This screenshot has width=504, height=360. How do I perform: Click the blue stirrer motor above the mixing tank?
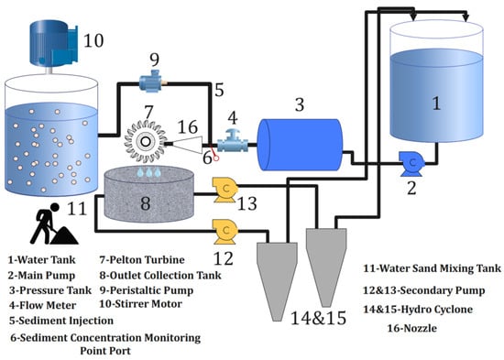54,43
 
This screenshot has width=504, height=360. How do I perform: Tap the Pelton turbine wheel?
146,141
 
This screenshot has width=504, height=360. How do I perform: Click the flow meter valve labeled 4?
233,141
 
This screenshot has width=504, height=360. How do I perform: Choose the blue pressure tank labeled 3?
300,145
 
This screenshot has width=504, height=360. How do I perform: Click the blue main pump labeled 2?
411,164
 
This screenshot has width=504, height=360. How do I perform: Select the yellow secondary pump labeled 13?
225,190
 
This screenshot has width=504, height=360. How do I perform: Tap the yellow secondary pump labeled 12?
225,232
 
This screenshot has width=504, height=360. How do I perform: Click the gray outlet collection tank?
149,194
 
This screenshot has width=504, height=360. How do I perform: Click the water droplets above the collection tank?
148,172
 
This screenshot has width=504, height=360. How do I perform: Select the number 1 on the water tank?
436,104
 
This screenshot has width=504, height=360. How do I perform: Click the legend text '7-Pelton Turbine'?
142,260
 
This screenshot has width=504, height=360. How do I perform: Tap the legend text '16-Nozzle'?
411,328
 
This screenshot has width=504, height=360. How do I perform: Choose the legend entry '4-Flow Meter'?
42,305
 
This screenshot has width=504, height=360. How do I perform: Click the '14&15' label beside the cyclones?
318,318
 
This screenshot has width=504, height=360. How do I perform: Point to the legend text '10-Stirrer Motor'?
140,304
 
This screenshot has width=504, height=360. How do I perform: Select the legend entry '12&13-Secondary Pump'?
424,290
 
